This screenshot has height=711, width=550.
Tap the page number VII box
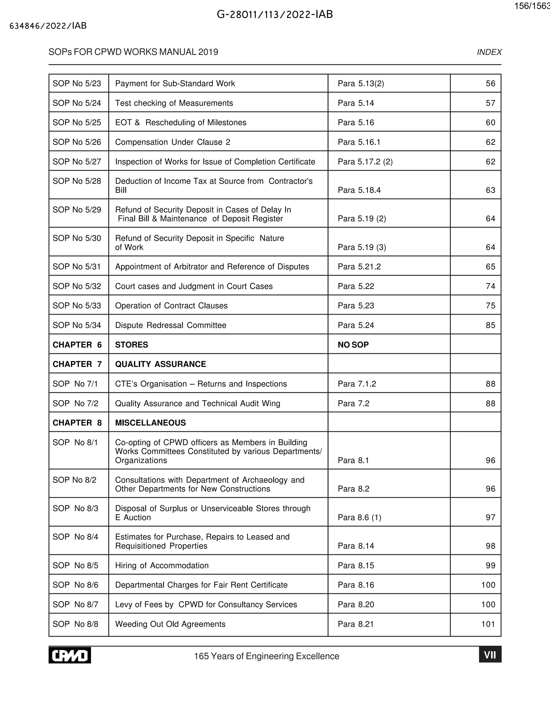click(490, 655)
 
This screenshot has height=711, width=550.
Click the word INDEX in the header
click(489, 52)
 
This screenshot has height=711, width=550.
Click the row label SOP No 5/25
click(77, 122)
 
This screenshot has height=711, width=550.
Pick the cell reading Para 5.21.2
click(359, 267)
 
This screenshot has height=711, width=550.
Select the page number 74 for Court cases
click(490, 286)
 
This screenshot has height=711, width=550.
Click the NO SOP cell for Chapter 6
click(353, 345)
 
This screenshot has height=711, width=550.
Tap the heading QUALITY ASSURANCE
click(160, 364)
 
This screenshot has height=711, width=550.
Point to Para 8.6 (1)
click(359, 517)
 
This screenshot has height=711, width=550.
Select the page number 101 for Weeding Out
click(488, 624)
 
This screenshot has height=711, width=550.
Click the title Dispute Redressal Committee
click(171, 325)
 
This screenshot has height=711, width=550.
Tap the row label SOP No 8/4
click(75, 537)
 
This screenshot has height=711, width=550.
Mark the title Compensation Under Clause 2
click(172, 142)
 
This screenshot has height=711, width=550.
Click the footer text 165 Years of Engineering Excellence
click(266, 656)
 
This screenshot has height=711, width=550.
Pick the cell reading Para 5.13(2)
click(361, 84)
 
